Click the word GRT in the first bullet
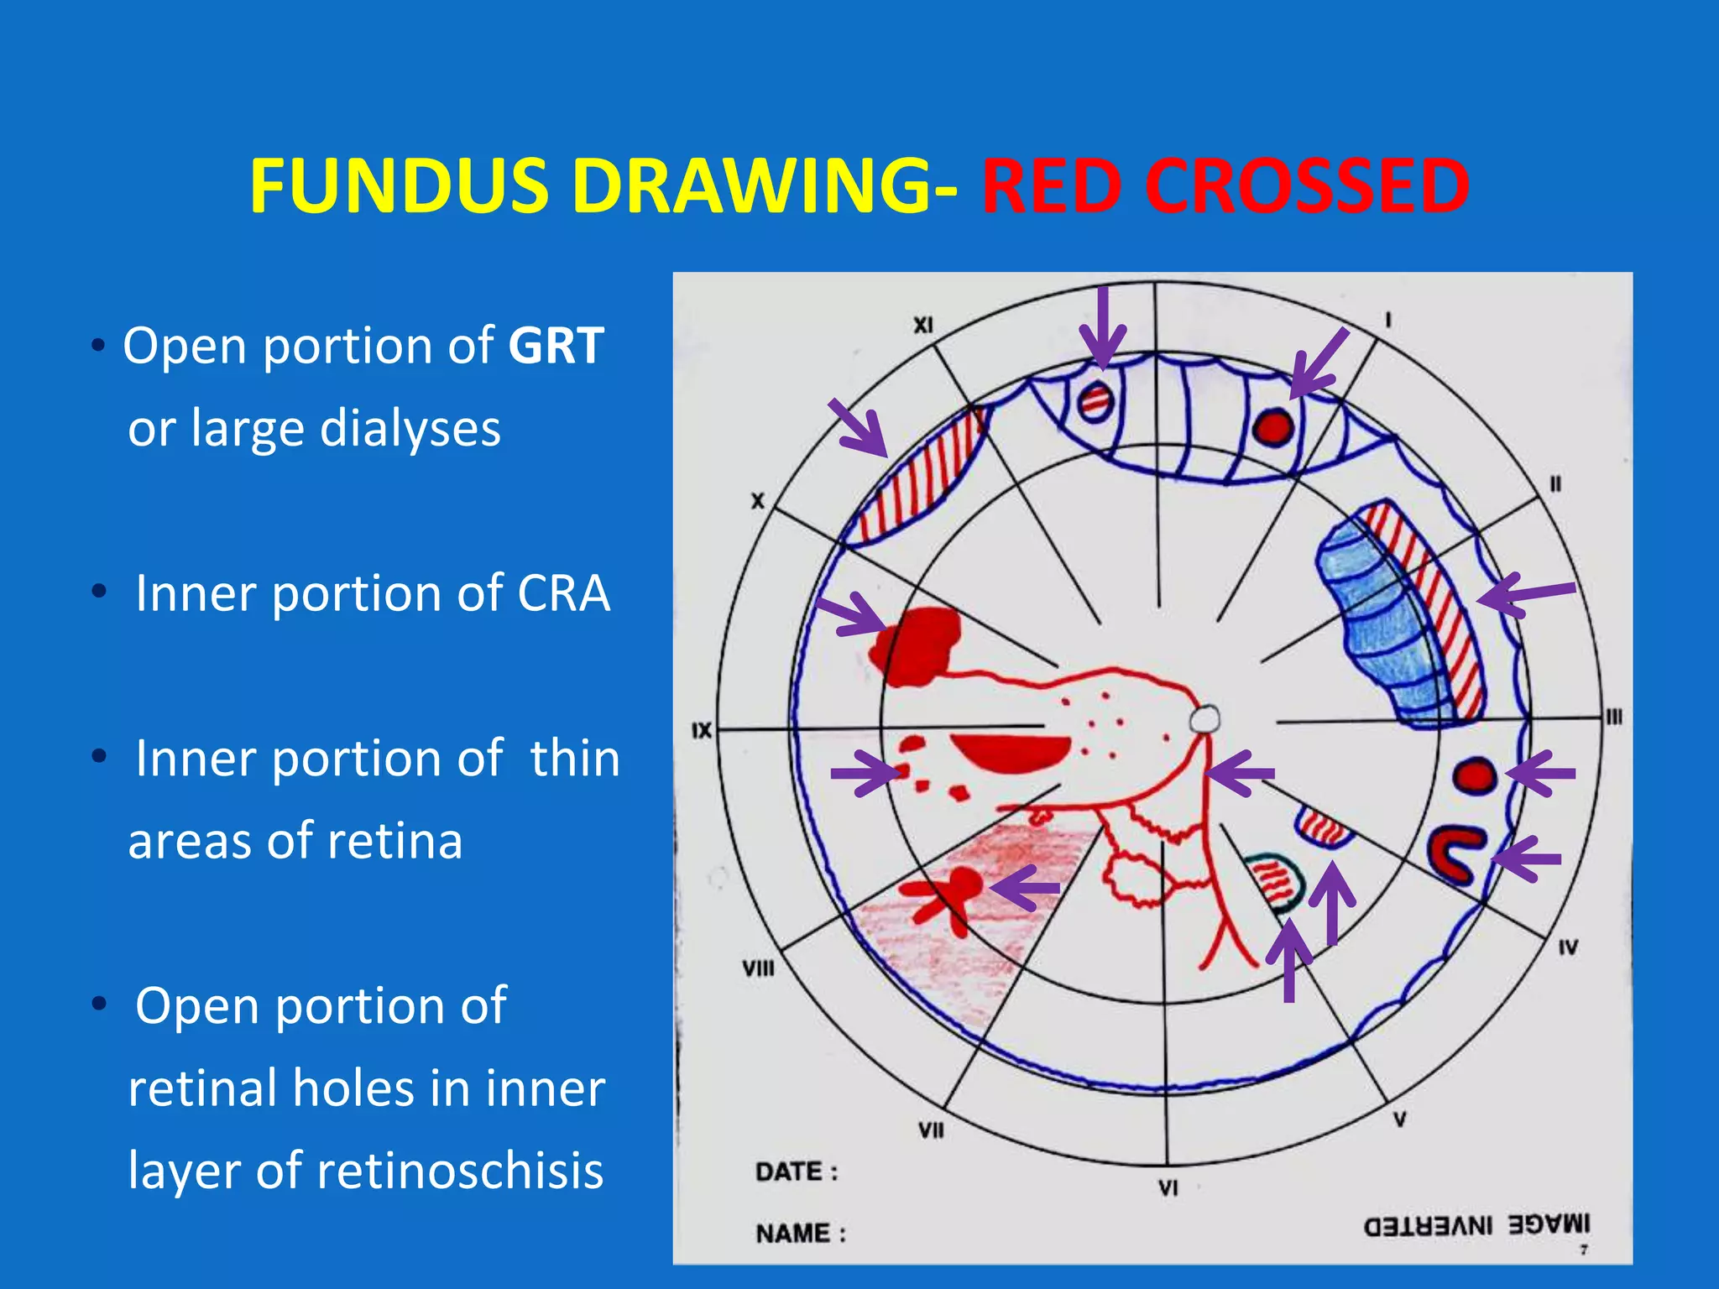pos(556,345)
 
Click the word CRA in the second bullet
pos(563,593)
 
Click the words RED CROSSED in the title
pos(1225,186)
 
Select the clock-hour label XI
pos(923,326)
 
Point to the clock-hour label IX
pos(702,731)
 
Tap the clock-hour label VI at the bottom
pos(1168,1188)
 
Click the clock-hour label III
pos(1613,718)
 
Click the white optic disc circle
pos(1204,719)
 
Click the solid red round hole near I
pos(1273,427)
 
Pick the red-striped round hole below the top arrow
pos(1095,401)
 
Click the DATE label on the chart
pos(796,1172)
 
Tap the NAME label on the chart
pos(800,1234)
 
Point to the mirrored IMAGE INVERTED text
pos(1476,1225)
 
